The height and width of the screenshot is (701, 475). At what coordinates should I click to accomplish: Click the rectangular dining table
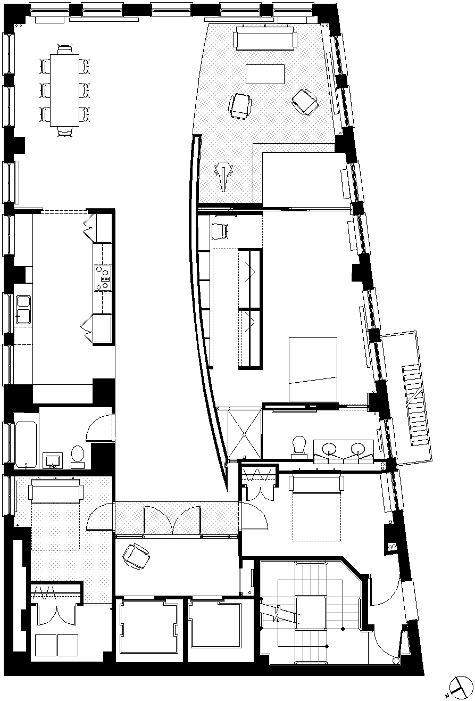[64, 90]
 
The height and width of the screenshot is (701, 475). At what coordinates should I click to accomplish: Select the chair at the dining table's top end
[65, 50]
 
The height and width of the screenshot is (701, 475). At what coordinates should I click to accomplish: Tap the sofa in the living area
[264, 40]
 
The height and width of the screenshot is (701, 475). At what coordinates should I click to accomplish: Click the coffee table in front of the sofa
[265, 73]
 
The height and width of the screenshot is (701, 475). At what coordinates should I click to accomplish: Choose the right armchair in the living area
[305, 101]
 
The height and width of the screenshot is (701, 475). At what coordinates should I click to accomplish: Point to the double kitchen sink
[23, 309]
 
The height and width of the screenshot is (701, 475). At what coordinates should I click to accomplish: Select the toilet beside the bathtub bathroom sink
[78, 456]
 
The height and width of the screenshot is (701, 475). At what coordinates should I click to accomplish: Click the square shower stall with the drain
[245, 433]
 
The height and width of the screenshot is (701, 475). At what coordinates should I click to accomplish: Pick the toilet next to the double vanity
[299, 446]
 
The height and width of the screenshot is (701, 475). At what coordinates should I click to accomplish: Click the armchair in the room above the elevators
[136, 556]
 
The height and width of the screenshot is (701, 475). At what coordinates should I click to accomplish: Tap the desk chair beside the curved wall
[219, 231]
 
